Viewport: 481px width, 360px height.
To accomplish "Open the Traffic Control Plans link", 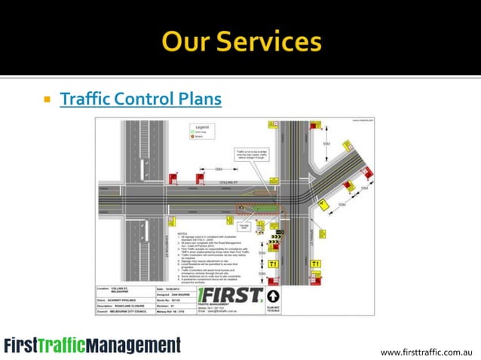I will (140, 99).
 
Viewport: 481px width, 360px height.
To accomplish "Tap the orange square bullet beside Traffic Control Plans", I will (47, 99).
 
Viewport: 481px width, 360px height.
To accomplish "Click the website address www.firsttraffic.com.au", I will (426, 351).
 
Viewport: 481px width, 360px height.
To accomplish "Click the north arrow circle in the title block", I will (272, 296).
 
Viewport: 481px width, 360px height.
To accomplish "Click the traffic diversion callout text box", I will (250, 154).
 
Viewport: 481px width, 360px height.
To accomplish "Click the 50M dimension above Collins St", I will (217, 169).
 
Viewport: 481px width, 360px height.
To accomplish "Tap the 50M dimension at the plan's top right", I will (326, 143).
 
